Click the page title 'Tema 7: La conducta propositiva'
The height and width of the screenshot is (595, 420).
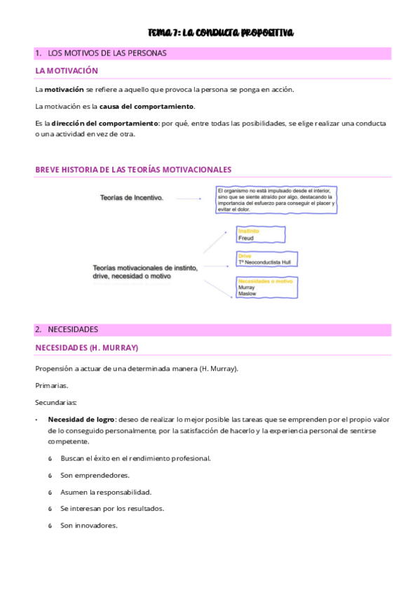pos(221,33)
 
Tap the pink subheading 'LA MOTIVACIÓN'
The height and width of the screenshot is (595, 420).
pos(67,71)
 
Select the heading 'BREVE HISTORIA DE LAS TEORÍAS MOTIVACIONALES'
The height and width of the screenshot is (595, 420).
pos(133,170)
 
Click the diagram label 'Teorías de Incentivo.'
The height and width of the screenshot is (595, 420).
pos(132,198)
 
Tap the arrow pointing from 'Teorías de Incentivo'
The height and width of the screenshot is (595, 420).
pos(189,199)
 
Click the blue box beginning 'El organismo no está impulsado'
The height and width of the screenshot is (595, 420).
pos(276,200)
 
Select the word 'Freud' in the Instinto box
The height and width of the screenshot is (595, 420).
pos(246,239)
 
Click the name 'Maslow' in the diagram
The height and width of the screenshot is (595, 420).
pos(248,294)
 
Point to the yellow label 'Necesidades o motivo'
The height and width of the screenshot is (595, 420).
pos(265,281)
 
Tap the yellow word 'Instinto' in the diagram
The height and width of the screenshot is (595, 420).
pos(250,231)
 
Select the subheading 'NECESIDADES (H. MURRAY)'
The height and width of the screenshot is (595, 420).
pos(87,347)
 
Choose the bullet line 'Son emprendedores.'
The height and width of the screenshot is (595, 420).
pos(94,475)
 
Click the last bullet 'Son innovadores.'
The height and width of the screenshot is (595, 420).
pos(89,525)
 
